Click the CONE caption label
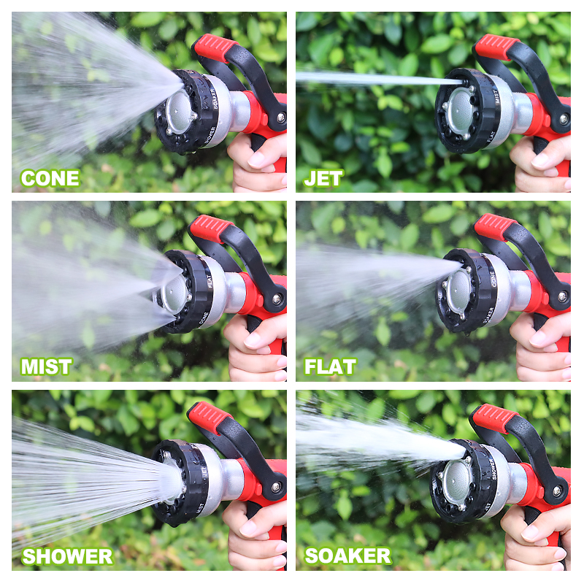(50, 178)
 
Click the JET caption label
(323, 178)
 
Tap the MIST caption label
(47, 366)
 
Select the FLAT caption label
(330, 366)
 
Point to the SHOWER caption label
(67, 556)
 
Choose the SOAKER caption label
(347, 556)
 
